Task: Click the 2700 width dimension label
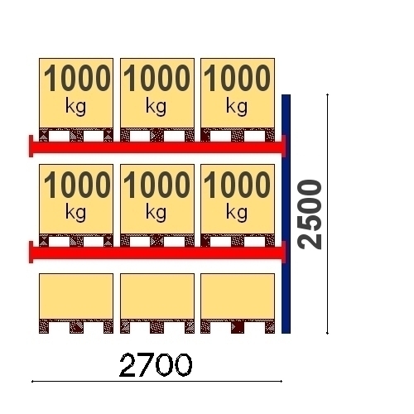click(156, 365)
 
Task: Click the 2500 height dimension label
click(310, 214)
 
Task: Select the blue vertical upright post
click(286, 214)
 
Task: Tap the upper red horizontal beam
click(157, 147)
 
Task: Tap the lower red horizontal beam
click(157, 253)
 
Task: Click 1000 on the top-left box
click(77, 78)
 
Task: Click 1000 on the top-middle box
click(156, 78)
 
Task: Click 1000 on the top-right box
click(237, 78)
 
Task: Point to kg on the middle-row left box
click(75, 213)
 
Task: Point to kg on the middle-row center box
click(156, 213)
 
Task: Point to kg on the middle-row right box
click(237, 213)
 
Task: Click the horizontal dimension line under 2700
click(156, 382)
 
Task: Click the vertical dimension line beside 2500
click(328, 214)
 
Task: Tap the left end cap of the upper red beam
click(31, 146)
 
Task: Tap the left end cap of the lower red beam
click(31, 252)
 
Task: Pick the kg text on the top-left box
click(75, 107)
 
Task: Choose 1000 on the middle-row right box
click(237, 185)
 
